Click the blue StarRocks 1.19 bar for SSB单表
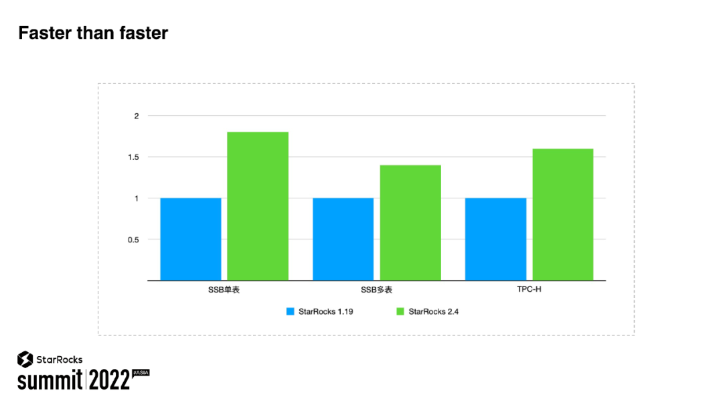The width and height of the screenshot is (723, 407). click(191, 239)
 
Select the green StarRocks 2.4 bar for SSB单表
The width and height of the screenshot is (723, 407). click(258, 206)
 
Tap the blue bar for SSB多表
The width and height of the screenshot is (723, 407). click(343, 239)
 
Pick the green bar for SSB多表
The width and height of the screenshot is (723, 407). click(410, 222)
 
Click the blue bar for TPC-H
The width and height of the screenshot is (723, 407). click(495, 239)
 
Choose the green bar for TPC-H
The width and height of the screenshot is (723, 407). click(563, 214)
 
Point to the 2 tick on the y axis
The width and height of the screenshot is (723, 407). click(136, 116)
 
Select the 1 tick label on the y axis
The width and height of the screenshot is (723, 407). click(136, 198)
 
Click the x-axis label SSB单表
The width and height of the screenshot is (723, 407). click(224, 290)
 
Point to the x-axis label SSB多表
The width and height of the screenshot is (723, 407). click(376, 290)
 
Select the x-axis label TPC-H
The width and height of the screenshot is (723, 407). click(529, 290)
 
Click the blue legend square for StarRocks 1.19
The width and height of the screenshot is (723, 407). click(291, 311)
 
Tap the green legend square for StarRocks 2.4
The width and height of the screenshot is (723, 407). click(400, 311)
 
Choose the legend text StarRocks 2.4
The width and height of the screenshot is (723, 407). click(433, 311)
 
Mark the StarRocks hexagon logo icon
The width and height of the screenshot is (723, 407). click(25, 359)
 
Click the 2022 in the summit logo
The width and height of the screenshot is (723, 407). click(108, 380)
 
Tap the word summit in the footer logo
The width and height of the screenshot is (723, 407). click(50, 381)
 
